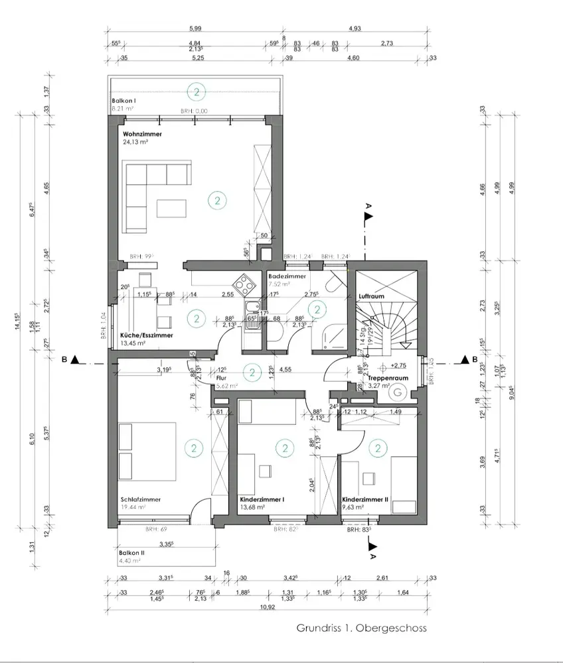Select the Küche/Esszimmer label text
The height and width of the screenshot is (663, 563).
point(147,335)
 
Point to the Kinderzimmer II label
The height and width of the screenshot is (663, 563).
point(365,500)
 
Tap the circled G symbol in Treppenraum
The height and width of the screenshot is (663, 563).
point(398,392)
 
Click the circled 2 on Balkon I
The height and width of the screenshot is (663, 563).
point(196,91)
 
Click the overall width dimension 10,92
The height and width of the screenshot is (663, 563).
point(268,607)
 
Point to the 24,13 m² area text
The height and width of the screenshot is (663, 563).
point(135,142)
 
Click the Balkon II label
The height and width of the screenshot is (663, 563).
point(131,553)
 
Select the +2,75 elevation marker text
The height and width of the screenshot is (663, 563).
point(399,365)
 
